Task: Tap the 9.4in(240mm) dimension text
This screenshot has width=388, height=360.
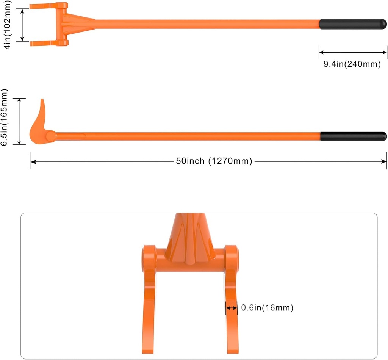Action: coord(352,64)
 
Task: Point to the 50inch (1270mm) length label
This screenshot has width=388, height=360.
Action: coord(214,161)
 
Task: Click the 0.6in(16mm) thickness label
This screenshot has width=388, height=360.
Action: coord(267,308)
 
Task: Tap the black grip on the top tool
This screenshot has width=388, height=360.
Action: coord(353,24)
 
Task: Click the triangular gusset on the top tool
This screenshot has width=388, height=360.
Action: coord(78,22)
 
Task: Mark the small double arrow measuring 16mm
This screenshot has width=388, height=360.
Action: coord(232,308)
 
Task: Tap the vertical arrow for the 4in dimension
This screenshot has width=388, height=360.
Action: coord(22,24)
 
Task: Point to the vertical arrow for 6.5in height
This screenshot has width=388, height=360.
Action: coord(19,121)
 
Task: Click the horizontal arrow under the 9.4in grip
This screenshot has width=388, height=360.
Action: coord(353,52)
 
